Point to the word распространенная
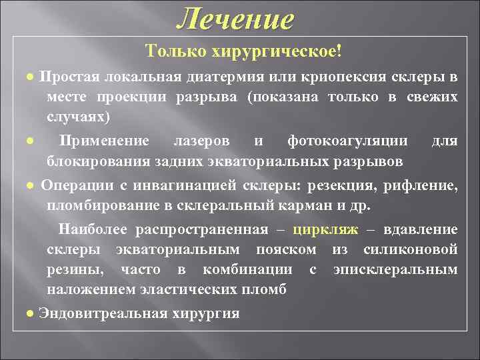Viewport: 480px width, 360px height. [203, 230]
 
